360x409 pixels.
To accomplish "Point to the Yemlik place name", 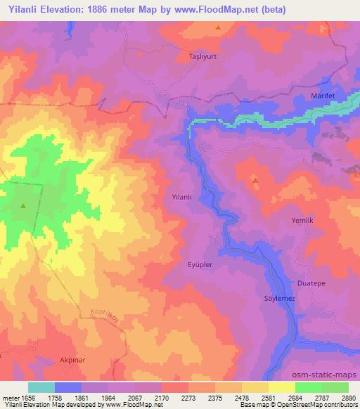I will click(x=302, y=220).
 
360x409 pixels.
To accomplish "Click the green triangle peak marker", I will click(x=23, y=206).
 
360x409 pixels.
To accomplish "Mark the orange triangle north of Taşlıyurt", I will click(x=218, y=28).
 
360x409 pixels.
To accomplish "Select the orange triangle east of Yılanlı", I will click(x=255, y=181).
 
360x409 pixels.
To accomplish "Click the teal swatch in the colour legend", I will click(x=41, y=387).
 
